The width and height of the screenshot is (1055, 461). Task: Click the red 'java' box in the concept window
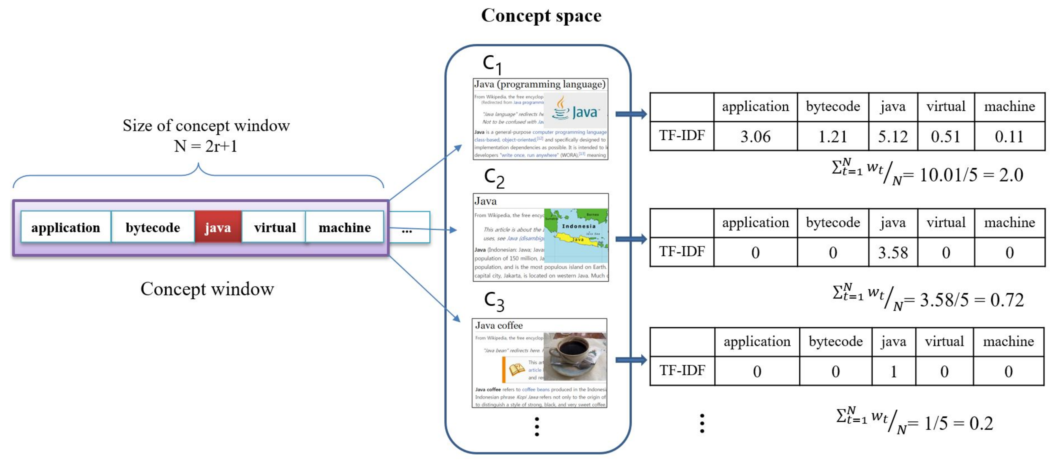point(218,227)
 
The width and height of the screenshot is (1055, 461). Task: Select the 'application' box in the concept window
point(65,227)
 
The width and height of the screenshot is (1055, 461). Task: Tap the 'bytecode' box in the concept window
point(153,227)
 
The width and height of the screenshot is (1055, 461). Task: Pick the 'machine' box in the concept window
point(344,227)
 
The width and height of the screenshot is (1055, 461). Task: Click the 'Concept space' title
point(541,16)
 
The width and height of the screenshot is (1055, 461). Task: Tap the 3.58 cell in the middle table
point(893,252)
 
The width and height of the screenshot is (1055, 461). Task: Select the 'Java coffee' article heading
point(499,325)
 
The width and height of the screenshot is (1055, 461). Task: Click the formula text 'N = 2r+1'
point(206,146)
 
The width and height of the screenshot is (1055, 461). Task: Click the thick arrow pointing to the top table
point(631,114)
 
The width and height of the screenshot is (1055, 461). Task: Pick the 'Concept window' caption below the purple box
point(207,289)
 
